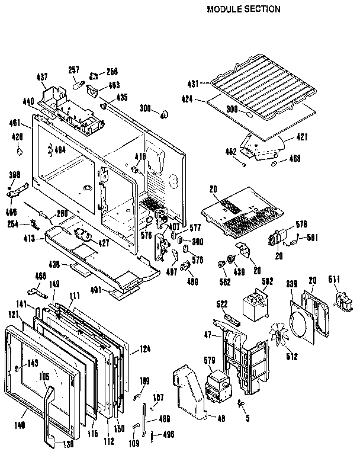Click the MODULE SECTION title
tap(243, 9)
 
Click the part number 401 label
tap(99, 290)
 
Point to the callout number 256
tap(111, 72)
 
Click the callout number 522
tap(221, 303)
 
